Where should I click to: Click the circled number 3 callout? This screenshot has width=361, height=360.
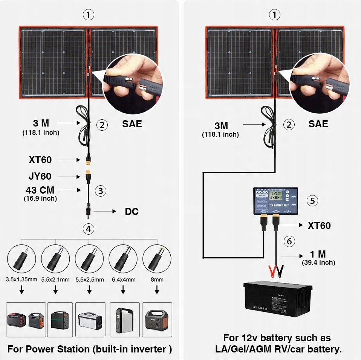(100, 191)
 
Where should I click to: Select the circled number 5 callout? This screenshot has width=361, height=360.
(312, 200)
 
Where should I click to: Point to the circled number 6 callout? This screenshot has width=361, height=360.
(289, 241)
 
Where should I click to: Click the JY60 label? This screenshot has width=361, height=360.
(41, 176)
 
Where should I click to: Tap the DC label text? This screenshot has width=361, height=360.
(132, 212)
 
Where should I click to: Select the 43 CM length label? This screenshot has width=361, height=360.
(40, 190)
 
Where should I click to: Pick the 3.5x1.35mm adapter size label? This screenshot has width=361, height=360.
(21, 280)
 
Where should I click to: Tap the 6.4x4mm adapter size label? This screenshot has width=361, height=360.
(123, 280)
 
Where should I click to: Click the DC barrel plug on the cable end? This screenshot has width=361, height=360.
(89, 212)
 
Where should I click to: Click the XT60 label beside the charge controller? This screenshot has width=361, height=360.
(319, 226)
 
